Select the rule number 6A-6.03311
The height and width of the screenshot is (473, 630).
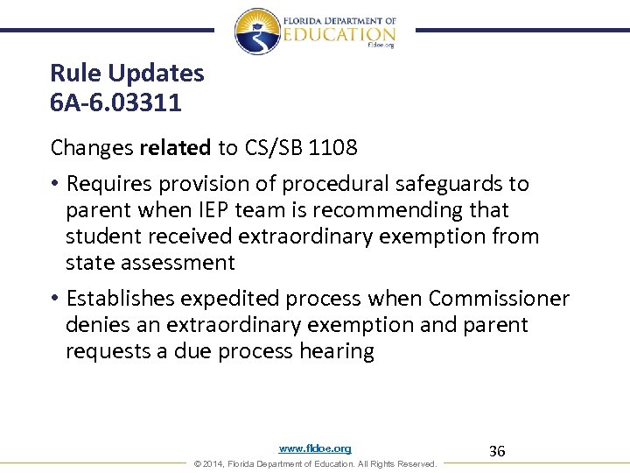click(115, 103)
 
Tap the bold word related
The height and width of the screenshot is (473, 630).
click(175, 148)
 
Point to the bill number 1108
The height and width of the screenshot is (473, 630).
click(332, 148)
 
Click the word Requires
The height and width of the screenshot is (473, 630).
click(108, 184)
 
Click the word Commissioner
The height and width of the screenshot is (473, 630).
click(499, 299)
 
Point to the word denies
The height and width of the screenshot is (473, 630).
click(95, 325)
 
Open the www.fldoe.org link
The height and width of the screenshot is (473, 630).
click(315, 448)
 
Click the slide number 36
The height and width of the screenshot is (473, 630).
click(497, 451)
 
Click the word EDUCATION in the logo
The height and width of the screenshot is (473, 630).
click(339, 34)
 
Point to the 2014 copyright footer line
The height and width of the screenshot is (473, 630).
click(315, 463)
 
